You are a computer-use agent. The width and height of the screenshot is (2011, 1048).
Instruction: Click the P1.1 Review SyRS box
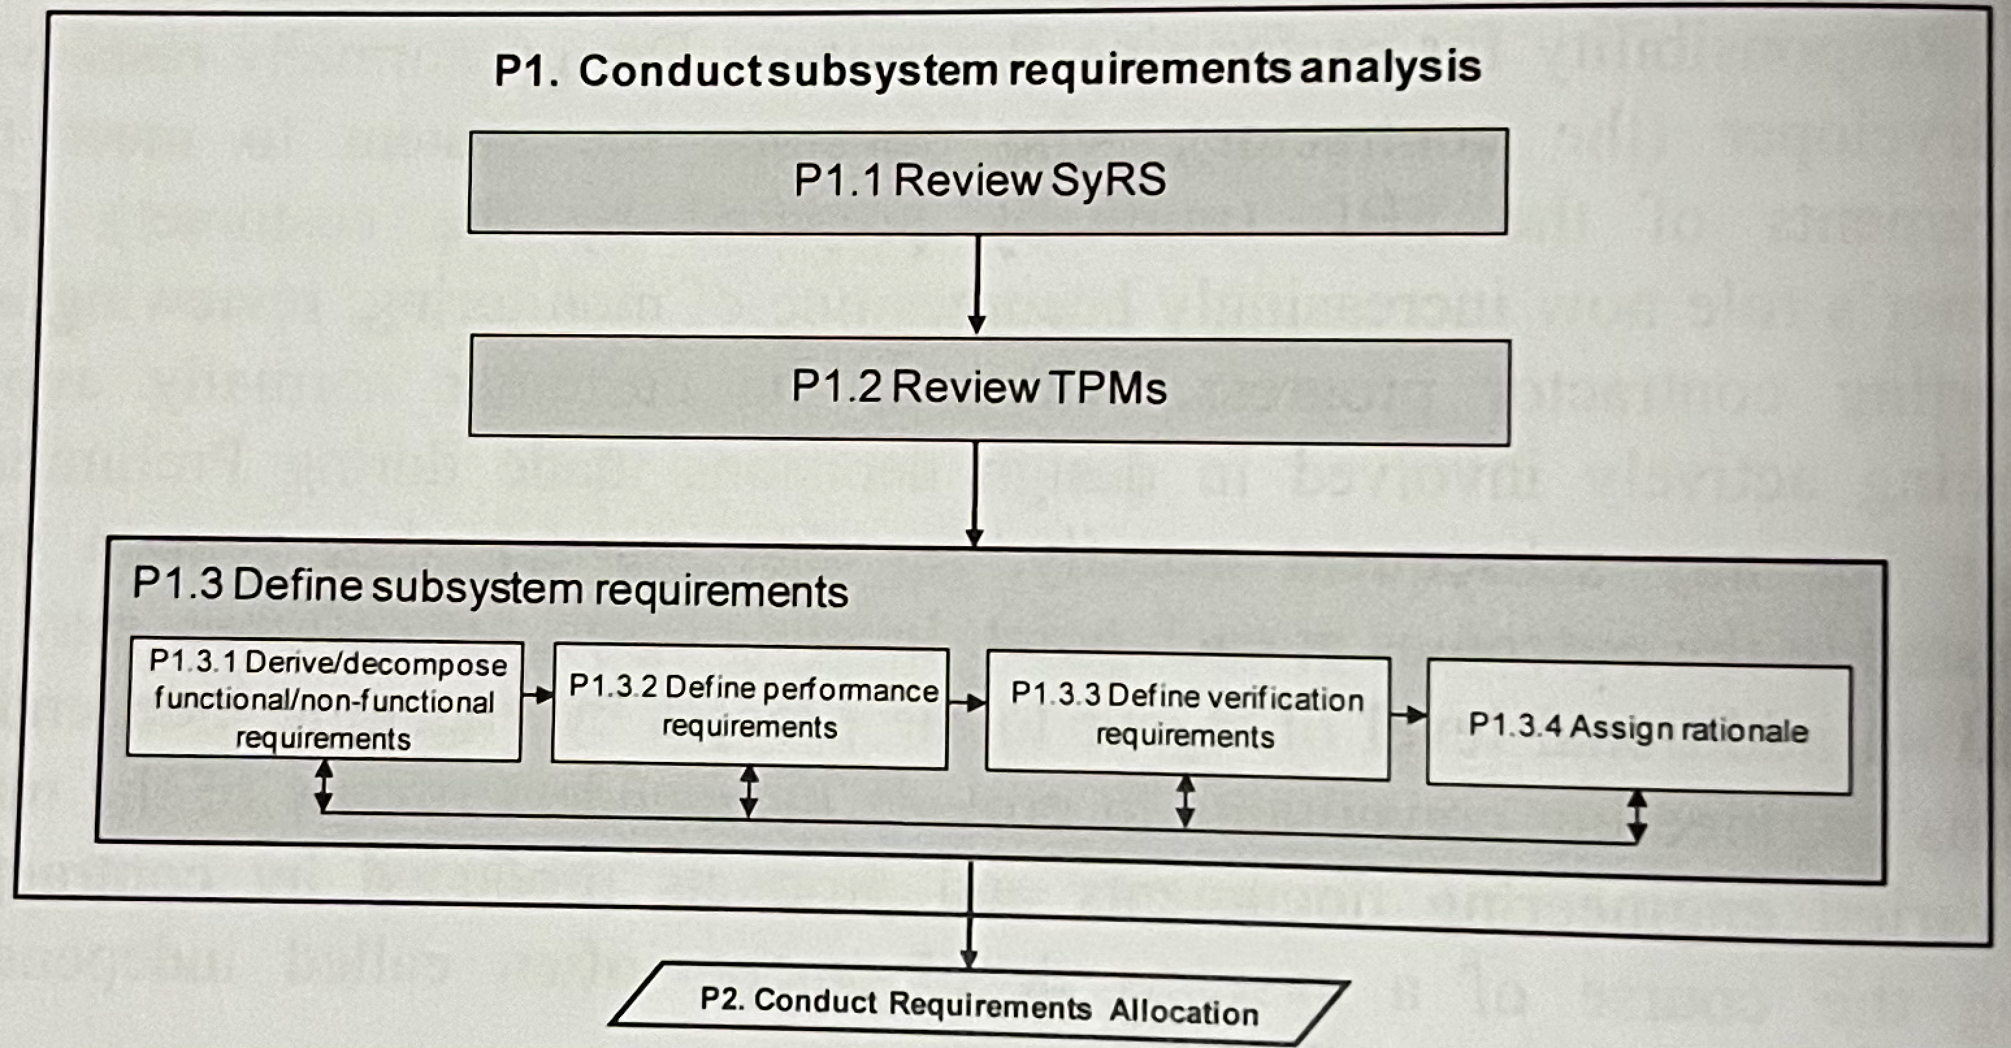click(987, 181)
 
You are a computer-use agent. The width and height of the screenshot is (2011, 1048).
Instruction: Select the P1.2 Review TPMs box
click(989, 389)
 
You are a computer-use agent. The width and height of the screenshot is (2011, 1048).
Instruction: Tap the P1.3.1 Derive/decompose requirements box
click(324, 700)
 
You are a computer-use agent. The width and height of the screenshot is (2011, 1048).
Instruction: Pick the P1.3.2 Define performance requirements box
click(749, 708)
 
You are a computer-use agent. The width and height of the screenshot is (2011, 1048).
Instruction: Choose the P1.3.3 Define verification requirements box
click(1187, 717)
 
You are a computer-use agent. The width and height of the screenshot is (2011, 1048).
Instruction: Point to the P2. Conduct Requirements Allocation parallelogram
click(979, 1005)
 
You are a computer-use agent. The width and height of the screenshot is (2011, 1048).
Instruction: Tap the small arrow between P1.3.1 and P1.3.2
click(537, 694)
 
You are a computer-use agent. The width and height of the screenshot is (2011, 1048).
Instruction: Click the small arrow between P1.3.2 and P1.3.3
click(967, 703)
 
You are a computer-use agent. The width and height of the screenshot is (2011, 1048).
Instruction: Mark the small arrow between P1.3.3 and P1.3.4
click(1408, 713)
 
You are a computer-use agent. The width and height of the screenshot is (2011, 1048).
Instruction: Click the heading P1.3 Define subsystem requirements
click(489, 590)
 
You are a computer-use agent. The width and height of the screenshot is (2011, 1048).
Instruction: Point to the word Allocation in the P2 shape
click(1184, 1012)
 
